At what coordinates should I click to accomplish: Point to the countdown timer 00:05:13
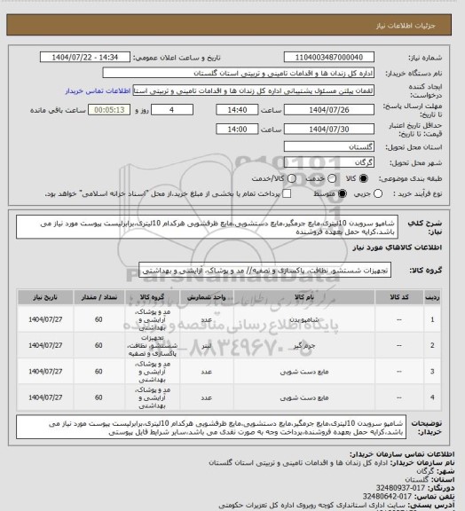[x=137, y=111]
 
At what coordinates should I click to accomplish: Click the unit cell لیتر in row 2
[x=206, y=342]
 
